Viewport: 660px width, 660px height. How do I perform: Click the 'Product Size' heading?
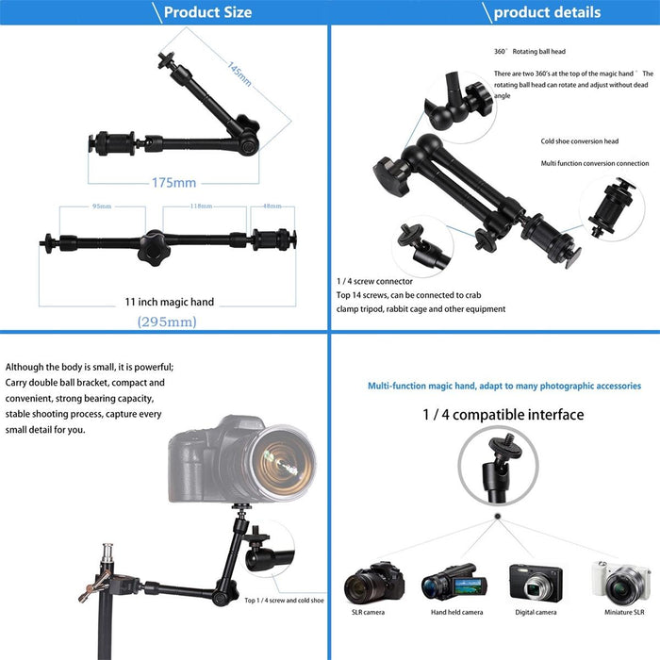tap(207, 12)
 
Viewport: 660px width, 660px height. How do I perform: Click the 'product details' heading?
tap(546, 12)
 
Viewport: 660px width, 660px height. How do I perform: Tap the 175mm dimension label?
tap(173, 183)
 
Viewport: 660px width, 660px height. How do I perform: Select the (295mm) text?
tap(167, 322)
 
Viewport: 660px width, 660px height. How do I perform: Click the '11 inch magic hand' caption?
tap(170, 302)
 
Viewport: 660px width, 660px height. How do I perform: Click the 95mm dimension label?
tap(100, 206)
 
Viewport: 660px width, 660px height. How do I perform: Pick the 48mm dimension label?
tap(272, 206)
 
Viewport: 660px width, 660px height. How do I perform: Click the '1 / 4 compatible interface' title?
tap(503, 415)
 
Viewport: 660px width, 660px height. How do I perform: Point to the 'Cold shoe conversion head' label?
tap(579, 141)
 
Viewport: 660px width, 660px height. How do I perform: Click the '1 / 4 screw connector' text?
tap(374, 282)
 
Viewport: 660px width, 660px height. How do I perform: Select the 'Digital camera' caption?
tap(536, 613)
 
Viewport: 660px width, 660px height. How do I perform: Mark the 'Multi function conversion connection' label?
tap(594, 164)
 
